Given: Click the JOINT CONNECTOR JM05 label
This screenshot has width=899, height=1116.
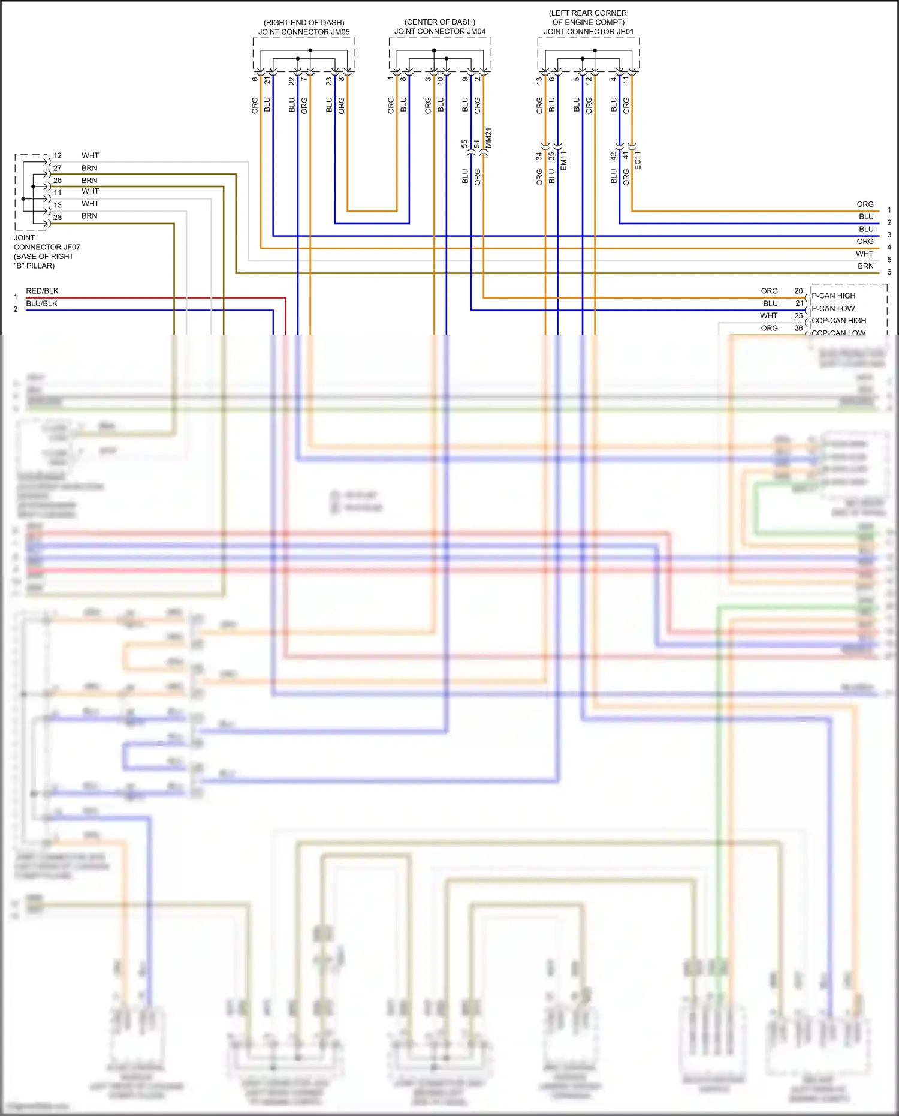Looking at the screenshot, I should (x=304, y=32).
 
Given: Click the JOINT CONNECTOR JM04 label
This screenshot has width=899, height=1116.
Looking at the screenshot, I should (x=440, y=31).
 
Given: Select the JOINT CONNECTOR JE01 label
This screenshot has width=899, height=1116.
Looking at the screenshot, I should (x=589, y=31).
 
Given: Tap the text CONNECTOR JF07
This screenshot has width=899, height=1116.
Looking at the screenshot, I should (x=47, y=247).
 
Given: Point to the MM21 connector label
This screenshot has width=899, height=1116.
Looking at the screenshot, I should (x=488, y=138).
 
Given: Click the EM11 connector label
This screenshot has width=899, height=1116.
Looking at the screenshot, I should (x=563, y=161).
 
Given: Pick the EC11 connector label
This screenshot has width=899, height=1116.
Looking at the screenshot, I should (x=638, y=160).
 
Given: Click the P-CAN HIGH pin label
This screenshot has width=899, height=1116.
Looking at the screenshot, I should (x=833, y=296).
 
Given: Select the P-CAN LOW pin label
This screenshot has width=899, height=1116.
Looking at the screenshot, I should (x=833, y=308).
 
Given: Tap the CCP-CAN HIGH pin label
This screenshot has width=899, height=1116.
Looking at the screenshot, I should (x=838, y=320).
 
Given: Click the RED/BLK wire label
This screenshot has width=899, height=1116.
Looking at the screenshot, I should (x=42, y=291).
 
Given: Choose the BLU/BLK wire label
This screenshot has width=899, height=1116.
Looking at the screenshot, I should (x=41, y=303).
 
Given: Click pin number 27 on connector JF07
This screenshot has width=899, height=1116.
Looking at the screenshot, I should (x=58, y=168).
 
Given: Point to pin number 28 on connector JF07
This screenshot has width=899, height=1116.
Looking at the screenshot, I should (x=58, y=217).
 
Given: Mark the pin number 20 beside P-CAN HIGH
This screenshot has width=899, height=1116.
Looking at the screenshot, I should (x=798, y=291).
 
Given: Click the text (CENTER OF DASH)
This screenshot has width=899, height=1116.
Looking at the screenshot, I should (x=440, y=22).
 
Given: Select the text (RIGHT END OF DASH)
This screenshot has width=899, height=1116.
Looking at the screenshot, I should (x=304, y=23).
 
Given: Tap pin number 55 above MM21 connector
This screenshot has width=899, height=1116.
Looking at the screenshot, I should (x=464, y=144).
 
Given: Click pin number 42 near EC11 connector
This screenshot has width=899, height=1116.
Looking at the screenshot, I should (x=613, y=156).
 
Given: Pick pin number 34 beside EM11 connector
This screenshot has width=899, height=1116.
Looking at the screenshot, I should (x=539, y=156).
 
